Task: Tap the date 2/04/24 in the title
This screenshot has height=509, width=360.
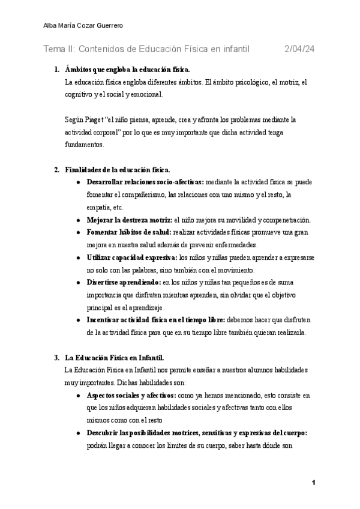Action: pos(299,49)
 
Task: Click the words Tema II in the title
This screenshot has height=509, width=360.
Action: pos(59,49)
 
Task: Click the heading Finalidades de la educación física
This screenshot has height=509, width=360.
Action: pos(118,170)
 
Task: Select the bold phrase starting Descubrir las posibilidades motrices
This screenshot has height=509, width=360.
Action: pos(197,433)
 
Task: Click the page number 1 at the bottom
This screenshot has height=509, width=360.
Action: pos(314,483)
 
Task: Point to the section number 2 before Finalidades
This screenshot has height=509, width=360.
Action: pos(56,170)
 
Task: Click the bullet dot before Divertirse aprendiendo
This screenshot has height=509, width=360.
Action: pos(79,282)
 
